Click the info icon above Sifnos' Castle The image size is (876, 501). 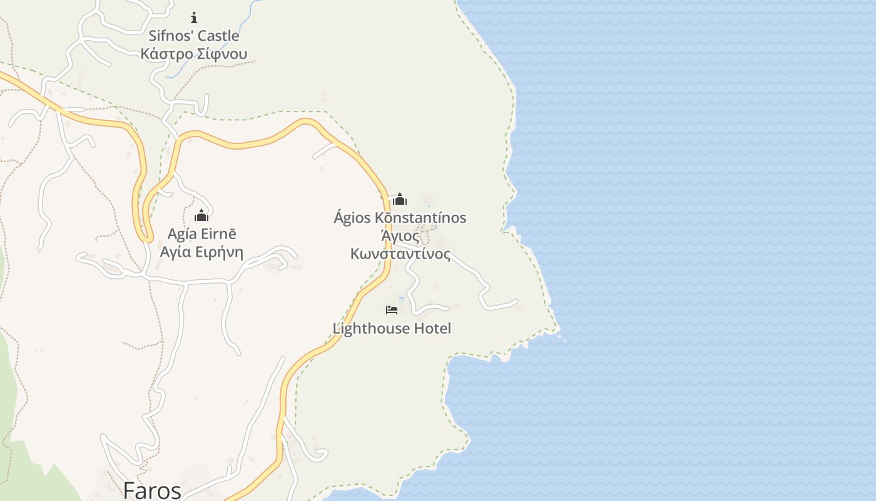tap(194, 18)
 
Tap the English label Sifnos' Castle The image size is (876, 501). tap(194, 36)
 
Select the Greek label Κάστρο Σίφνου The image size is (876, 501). tap(194, 54)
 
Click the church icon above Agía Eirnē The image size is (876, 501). tap(201, 215)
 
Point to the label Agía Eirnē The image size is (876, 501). tap(202, 234)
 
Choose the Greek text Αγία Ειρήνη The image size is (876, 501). tap(201, 252)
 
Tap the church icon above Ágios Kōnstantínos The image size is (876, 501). tap(400, 199)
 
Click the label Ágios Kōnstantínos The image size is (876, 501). tap(400, 218)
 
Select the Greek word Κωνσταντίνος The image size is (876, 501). tap(400, 254)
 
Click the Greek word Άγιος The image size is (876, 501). tap(400, 236)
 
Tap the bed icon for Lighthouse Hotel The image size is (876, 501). tap(392, 309)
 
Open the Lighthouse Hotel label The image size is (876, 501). tap(392, 328)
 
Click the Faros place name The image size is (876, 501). tap(152, 490)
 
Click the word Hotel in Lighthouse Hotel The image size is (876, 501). tap(432, 328)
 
